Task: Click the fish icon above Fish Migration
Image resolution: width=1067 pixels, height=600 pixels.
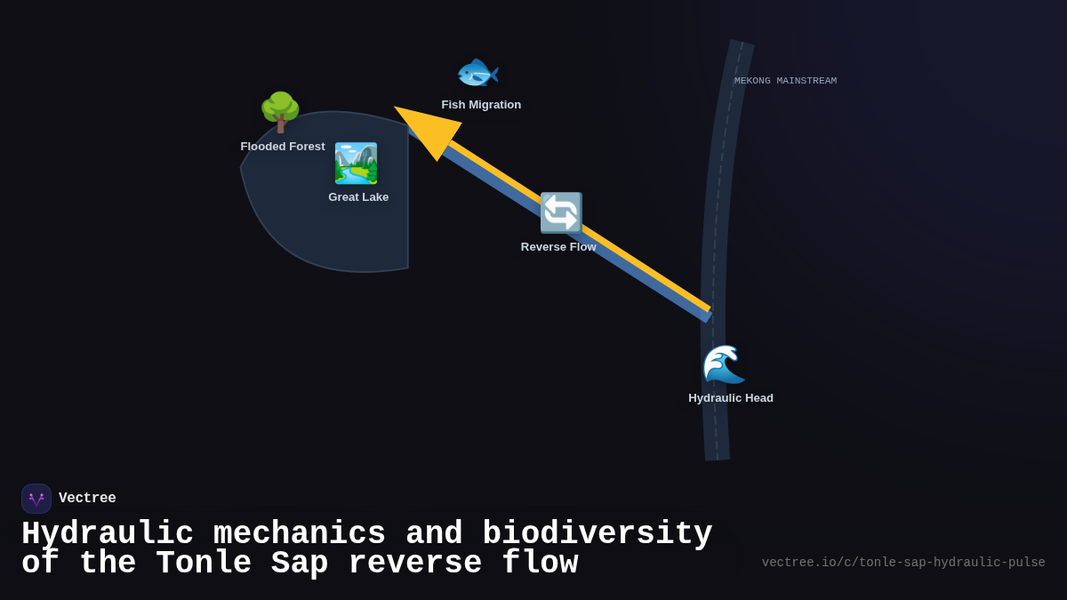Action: pyautogui.click(x=477, y=73)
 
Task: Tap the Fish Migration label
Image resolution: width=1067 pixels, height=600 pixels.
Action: pyautogui.click(x=481, y=105)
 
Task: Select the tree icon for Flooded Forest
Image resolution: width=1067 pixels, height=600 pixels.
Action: pyautogui.click(x=280, y=113)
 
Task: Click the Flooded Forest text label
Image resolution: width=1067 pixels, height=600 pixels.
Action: pyautogui.click(x=283, y=147)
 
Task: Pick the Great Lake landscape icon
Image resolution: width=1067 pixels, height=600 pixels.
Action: pyautogui.click(x=356, y=164)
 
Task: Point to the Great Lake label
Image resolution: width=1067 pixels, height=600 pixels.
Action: pyautogui.click(x=358, y=197)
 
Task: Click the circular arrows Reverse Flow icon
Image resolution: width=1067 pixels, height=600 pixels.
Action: pyautogui.click(x=561, y=213)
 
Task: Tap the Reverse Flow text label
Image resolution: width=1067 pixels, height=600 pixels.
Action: pyautogui.click(x=558, y=247)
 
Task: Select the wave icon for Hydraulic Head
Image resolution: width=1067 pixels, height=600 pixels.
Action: pyautogui.click(x=724, y=364)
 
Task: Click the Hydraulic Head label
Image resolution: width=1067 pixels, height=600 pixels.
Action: pyautogui.click(x=731, y=398)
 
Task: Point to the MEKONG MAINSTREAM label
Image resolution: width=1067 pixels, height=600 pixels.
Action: pyautogui.click(x=785, y=81)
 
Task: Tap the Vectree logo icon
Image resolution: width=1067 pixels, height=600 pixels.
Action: pyautogui.click(x=36, y=499)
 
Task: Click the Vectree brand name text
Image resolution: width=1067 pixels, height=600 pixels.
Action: pyautogui.click(x=87, y=499)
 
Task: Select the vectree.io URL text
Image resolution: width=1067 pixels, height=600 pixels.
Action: pyautogui.click(x=903, y=563)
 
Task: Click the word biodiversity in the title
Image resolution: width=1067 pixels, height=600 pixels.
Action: pyautogui.click(x=597, y=534)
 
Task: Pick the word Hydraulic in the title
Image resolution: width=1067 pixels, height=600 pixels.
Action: pyautogui.click(x=108, y=534)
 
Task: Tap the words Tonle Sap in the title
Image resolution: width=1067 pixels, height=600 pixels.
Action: pyautogui.click(x=242, y=564)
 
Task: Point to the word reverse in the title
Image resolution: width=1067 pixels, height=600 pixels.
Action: pyautogui.click(x=415, y=564)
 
